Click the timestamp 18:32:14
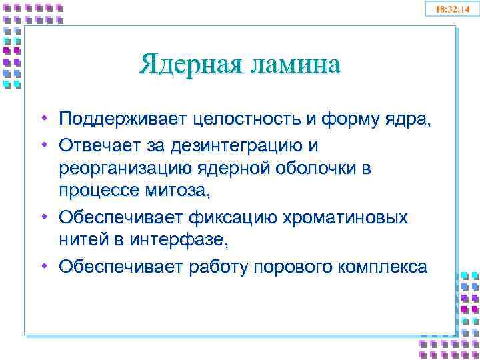(x=452, y=10)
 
